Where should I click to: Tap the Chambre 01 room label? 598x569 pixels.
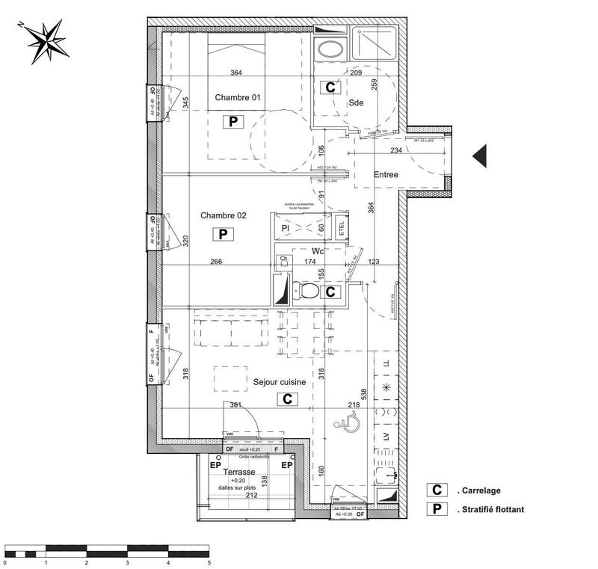pyautogui.click(x=238, y=98)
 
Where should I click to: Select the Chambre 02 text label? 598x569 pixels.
pyautogui.click(x=223, y=215)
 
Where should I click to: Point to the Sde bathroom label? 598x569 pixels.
pyautogui.click(x=354, y=104)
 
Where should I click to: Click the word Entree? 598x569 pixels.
pyautogui.click(x=386, y=175)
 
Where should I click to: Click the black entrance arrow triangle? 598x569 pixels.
pyautogui.click(x=480, y=156)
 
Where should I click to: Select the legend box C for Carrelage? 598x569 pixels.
pyautogui.click(x=436, y=490)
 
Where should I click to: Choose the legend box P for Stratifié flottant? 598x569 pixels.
pyautogui.click(x=436, y=510)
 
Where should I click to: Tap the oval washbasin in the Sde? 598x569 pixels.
pyautogui.click(x=329, y=49)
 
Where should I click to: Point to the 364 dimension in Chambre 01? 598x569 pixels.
pyautogui.click(x=236, y=73)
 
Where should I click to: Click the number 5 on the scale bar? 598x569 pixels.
pyautogui.click(x=209, y=562)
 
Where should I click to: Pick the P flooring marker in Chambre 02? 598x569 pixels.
pyautogui.click(x=222, y=234)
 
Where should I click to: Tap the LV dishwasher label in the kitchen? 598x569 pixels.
pyautogui.click(x=386, y=436)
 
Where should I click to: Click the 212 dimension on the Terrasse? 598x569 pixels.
pyautogui.click(x=251, y=494)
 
